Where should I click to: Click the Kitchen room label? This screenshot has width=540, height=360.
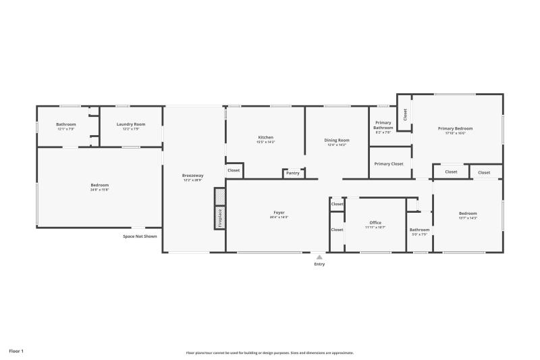(265, 137)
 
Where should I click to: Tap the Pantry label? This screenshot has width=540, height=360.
(292, 173)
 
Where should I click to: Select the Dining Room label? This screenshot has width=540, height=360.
(337, 140)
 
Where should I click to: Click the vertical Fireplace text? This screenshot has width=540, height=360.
(219, 217)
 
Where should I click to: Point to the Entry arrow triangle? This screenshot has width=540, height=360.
(319, 257)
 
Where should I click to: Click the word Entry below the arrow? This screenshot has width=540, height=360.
(319, 264)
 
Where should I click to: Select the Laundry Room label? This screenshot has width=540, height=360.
(130, 124)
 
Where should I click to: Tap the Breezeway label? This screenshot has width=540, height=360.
(192, 176)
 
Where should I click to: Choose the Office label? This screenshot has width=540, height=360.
(375, 222)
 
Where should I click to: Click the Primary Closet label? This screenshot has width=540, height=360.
(389, 163)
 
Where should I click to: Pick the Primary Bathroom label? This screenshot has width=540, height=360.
(383, 126)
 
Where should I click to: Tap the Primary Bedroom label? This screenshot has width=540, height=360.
(455, 128)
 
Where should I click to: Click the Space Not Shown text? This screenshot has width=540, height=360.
(140, 236)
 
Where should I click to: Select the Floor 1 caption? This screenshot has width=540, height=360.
(16, 351)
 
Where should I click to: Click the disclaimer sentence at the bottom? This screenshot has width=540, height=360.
(269, 353)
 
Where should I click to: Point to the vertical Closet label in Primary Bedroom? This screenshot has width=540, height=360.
(405, 115)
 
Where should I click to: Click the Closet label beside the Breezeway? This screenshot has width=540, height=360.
(234, 171)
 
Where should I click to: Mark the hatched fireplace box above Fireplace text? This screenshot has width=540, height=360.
(219, 197)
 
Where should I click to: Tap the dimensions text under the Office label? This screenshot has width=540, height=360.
(375, 228)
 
